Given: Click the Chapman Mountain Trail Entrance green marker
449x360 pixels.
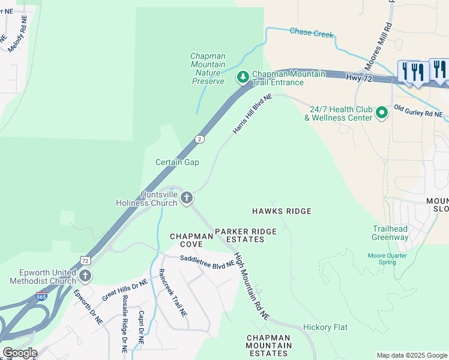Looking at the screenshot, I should coord(243,77).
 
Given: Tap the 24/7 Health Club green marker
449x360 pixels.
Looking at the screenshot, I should coord(381,113).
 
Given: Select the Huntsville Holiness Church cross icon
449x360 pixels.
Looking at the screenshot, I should coord(187,198).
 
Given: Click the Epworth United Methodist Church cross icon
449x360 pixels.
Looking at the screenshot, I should coord(85,276).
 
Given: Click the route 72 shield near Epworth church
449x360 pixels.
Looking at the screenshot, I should coord(85,260).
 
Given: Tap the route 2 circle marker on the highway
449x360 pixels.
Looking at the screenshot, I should coord(199,139).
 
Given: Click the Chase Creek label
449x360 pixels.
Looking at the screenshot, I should coord(311,33).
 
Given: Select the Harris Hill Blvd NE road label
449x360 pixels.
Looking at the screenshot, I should coord(252,113).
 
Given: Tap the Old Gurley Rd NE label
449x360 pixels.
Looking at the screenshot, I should coord(418,111).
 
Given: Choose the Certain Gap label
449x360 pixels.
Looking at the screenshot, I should coord(177,162).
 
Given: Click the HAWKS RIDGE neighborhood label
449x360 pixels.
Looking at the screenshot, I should coord(282,211).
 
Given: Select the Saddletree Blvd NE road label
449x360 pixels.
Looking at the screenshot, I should coord(207,262).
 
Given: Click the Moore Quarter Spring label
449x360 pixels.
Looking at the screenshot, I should coord(388,259).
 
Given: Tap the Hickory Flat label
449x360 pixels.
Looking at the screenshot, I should coord(325,328).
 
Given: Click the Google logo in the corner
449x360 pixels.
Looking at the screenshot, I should coord(19,353).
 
